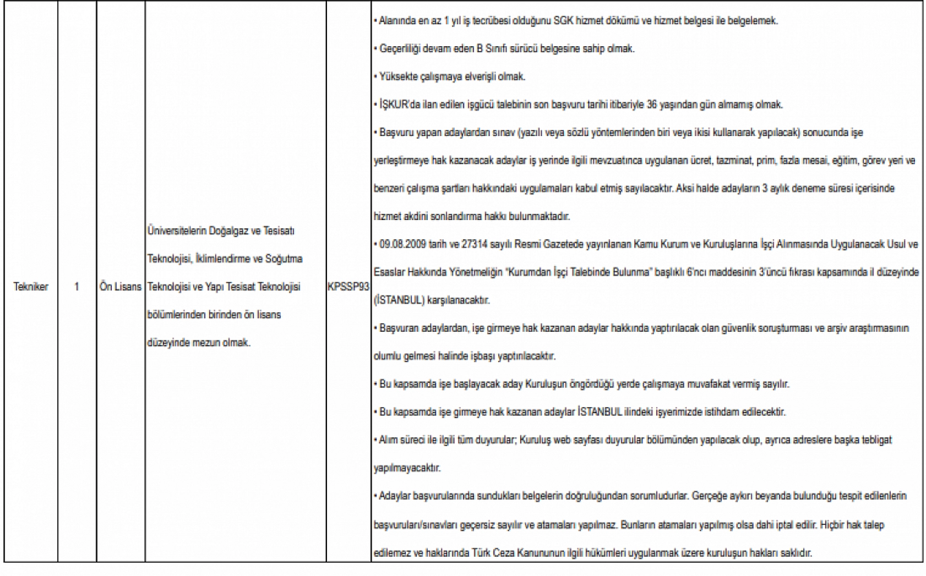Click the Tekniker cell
point(30,287)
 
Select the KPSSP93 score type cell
point(348,287)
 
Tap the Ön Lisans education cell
point(121,287)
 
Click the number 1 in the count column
point(77,287)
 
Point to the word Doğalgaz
point(228,231)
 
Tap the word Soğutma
point(284,259)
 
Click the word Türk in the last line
point(482,553)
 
